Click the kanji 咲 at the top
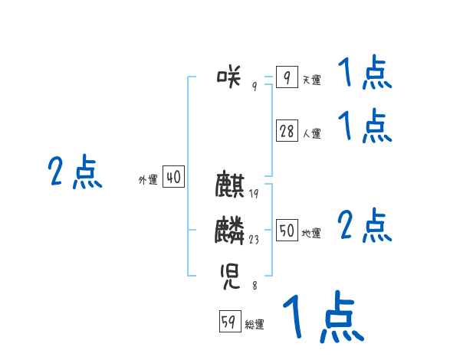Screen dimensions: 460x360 click(x=230, y=75)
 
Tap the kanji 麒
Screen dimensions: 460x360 click(x=230, y=185)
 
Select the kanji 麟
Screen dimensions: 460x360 click(x=230, y=230)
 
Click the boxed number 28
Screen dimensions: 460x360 click(x=287, y=132)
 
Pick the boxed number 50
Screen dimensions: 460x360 click(x=287, y=231)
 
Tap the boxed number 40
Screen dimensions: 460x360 click(x=173, y=178)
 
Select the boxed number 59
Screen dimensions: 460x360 click(x=228, y=322)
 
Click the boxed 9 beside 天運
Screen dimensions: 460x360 click(x=287, y=77)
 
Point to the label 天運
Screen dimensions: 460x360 click(x=311, y=80)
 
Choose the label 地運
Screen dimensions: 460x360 click(x=311, y=233)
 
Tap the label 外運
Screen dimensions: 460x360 click(x=148, y=180)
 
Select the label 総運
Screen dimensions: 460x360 click(x=255, y=324)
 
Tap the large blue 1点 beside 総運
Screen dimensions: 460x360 click(x=323, y=316)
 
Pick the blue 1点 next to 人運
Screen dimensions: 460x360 click(x=365, y=126)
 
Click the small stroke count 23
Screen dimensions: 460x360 click(x=254, y=240)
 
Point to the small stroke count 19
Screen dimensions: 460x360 click(x=254, y=194)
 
